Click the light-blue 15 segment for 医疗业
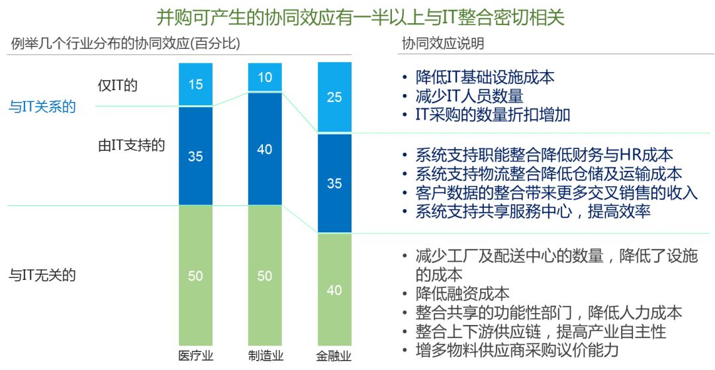[x=195, y=84]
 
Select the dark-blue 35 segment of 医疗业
[x=195, y=156]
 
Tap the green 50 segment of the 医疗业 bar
[x=195, y=275]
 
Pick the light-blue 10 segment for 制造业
[x=265, y=77]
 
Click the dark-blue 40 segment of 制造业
[x=265, y=149]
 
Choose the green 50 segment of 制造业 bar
[x=265, y=275]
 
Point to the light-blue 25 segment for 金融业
[x=334, y=97]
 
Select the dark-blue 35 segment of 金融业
[x=334, y=183]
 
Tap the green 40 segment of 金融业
[x=334, y=289]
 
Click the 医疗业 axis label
[x=195, y=356]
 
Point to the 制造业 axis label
[x=265, y=356]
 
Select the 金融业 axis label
[x=334, y=356]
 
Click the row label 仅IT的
[x=117, y=85]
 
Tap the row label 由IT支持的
[x=131, y=146]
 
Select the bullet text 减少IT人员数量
[x=469, y=96]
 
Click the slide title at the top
[x=360, y=16]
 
